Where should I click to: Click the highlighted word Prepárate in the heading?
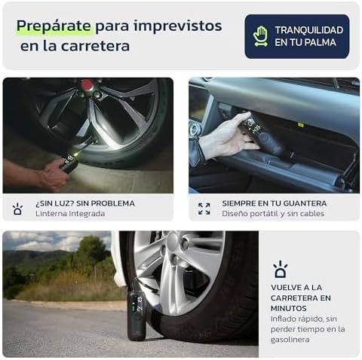(55, 26)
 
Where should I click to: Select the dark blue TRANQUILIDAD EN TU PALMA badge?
(296, 36)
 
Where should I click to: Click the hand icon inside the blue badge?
(261, 36)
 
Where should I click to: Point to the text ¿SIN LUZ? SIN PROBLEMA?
(85, 203)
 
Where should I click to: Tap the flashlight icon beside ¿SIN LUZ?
(17, 209)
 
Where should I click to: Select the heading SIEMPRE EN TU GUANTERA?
(274, 203)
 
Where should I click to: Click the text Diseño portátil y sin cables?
(272, 214)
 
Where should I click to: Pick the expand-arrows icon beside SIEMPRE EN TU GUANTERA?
(204, 209)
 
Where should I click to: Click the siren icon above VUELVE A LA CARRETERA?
(280, 269)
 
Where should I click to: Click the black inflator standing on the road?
(137, 309)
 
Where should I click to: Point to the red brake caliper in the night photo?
(87, 85)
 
